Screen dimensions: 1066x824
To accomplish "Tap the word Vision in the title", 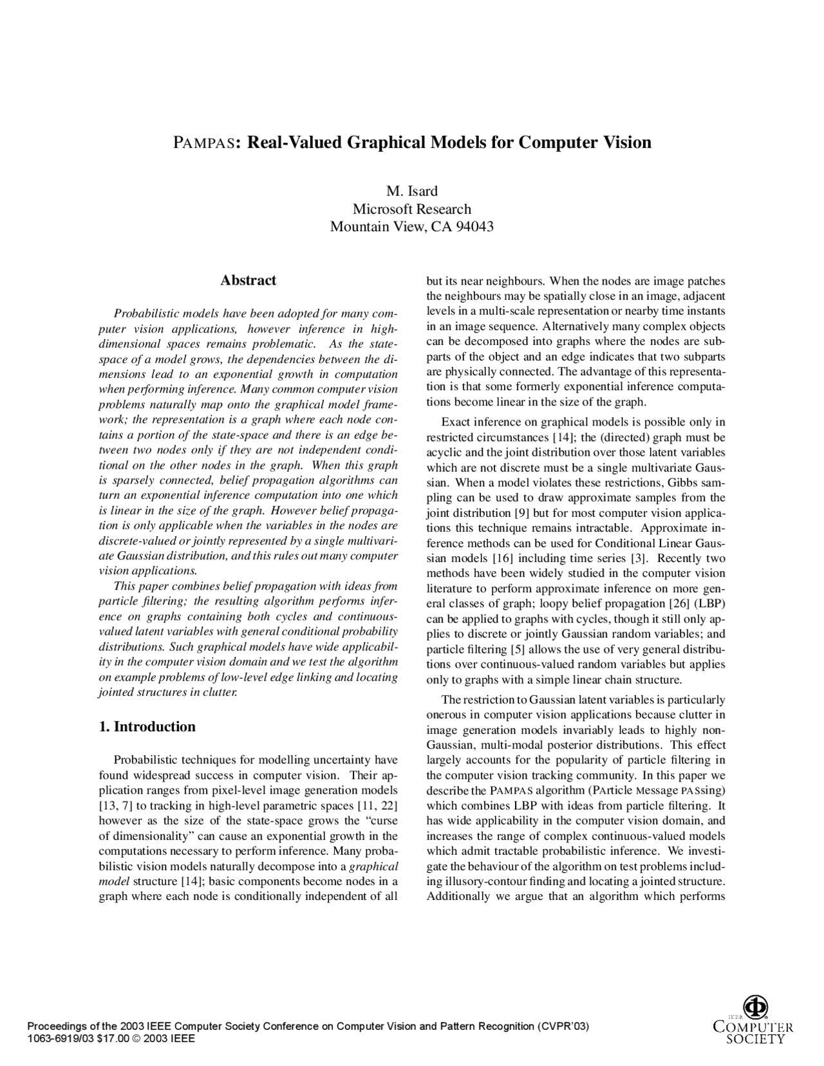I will pyautogui.click(x=626, y=142).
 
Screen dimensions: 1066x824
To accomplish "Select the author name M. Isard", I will pyautogui.click(x=411, y=191).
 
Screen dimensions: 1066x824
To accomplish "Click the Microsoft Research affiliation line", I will pyautogui.click(x=411, y=209).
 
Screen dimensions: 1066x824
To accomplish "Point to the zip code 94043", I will pyautogui.click(x=474, y=227).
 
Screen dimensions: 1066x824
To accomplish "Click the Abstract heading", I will pyautogui.click(x=248, y=281).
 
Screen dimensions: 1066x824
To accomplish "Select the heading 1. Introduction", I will pyautogui.click(x=147, y=727).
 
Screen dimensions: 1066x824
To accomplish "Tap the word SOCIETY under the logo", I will pyautogui.click(x=755, y=1038).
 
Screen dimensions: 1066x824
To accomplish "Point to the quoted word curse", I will pyautogui.click(x=384, y=821).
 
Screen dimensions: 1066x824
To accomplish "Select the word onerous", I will pyautogui.click(x=445, y=715).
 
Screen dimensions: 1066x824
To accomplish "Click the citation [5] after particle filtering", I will pyautogui.click(x=516, y=650).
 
